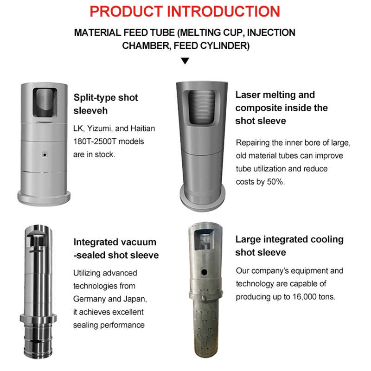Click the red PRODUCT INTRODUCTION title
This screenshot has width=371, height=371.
coord(185,11)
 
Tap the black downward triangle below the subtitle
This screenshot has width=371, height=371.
coord(185,61)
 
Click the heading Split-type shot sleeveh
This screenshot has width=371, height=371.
coord(106,104)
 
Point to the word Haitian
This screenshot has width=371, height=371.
coord(143,128)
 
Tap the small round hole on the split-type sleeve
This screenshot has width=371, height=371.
coord(45,155)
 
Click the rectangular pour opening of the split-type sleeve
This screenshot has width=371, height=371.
coord(45,102)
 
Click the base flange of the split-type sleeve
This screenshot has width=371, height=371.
coord(44,198)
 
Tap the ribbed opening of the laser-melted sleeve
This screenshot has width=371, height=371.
coord(202,107)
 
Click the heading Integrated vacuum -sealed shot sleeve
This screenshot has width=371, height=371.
coord(116,249)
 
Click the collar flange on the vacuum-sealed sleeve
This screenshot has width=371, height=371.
coord(38,318)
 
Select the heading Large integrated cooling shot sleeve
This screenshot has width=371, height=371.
coord(289,246)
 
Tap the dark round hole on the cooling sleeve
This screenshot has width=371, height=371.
coord(204,272)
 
